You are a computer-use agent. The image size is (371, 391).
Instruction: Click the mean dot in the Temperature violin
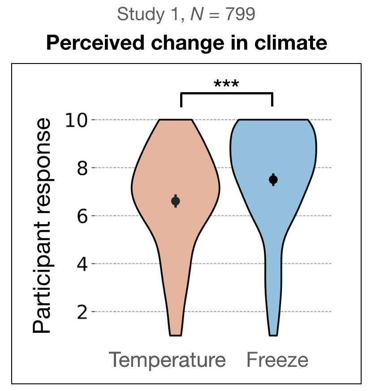(x=176, y=201)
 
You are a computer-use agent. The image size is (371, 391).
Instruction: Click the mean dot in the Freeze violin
(x=273, y=179)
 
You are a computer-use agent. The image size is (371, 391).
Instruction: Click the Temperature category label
(x=167, y=360)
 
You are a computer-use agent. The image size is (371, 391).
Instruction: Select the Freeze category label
(x=277, y=360)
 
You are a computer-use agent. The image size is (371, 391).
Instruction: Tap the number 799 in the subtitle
(x=240, y=15)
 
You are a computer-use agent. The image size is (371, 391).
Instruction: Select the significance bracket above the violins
(x=226, y=93)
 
